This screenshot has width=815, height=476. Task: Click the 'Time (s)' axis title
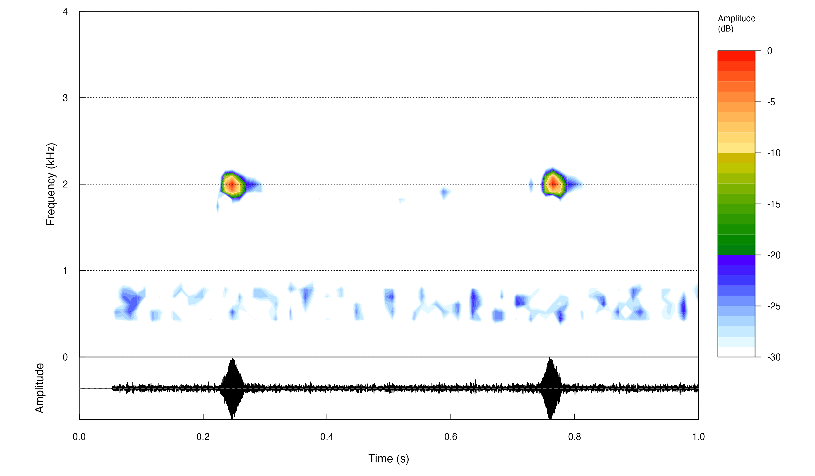pos(388,459)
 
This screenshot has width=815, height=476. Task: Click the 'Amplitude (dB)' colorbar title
pos(736,23)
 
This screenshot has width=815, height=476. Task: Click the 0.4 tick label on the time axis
pos(327,437)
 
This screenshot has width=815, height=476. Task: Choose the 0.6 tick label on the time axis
pos(451,437)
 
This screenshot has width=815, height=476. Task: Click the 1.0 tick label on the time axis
pos(698,437)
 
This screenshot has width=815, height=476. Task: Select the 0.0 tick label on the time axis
pos(79,437)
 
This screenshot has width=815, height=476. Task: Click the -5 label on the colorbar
pos(771,102)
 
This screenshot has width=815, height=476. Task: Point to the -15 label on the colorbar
pos(774,204)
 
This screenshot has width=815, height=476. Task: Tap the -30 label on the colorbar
pos(774,357)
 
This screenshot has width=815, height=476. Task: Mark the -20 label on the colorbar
pos(774,255)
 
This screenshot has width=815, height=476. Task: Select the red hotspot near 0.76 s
pos(553,184)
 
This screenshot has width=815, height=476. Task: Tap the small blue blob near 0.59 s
pos(445,193)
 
